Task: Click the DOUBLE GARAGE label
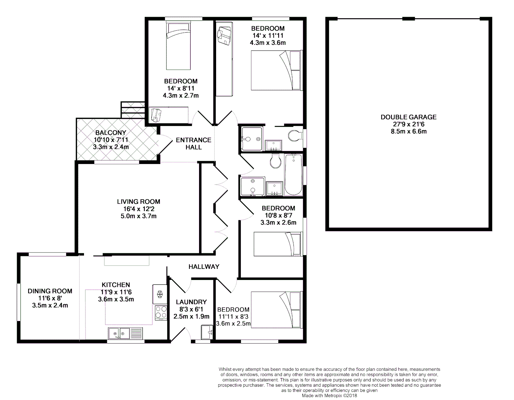click(x=409, y=117)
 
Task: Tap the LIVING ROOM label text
click(x=138, y=202)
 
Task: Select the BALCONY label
click(x=111, y=133)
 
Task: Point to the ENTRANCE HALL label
click(x=194, y=143)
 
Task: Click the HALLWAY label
click(x=204, y=267)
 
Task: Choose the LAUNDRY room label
click(x=191, y=302)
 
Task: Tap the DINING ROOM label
click(x=50, y=291)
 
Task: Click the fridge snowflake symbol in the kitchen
click(x=160, y=294)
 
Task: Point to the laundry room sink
click(x=206, y=331)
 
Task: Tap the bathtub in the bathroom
click(x=293, y=175)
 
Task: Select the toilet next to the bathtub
click(x=276, y=160)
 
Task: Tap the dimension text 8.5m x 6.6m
click(x=409, y=131)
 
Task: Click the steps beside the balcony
click(x=132, y=110)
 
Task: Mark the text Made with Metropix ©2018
click(x=329, y=395)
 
